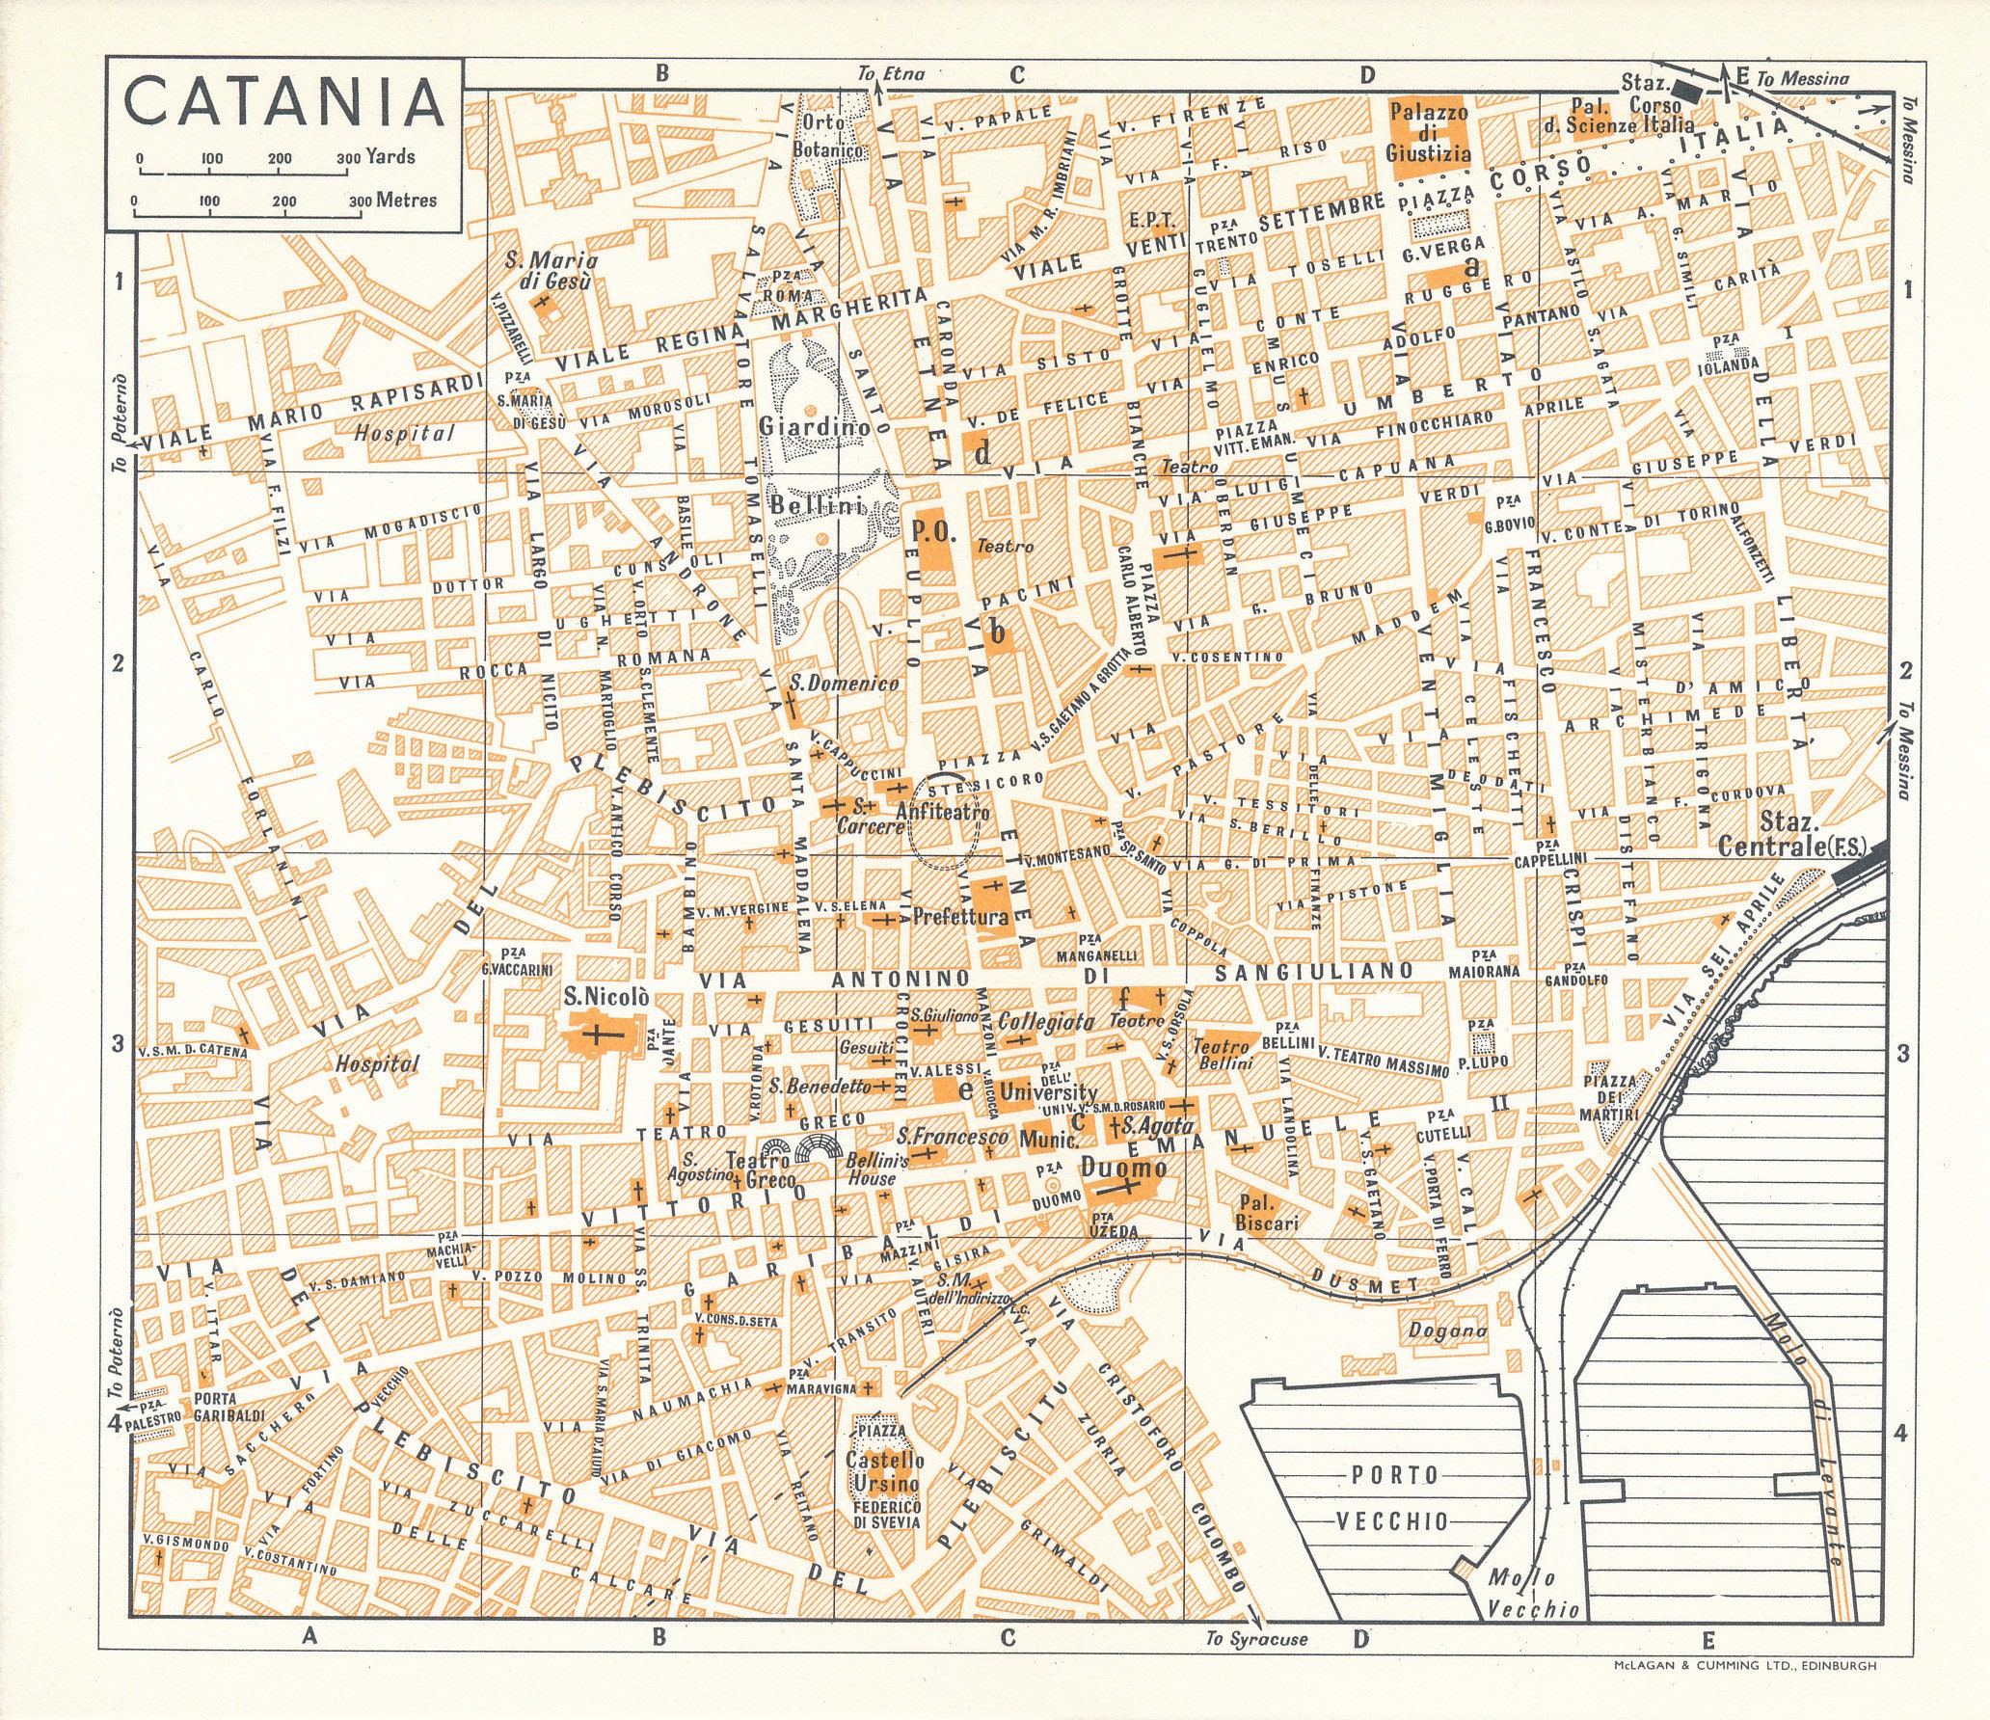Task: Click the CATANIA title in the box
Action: click(x=283, y=101)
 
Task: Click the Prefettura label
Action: click(x=959, y=917)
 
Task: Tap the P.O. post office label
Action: click(x=930, y=529)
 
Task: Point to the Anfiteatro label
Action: click(x=942, y=813)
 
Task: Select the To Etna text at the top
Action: click(x=892, y=73)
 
